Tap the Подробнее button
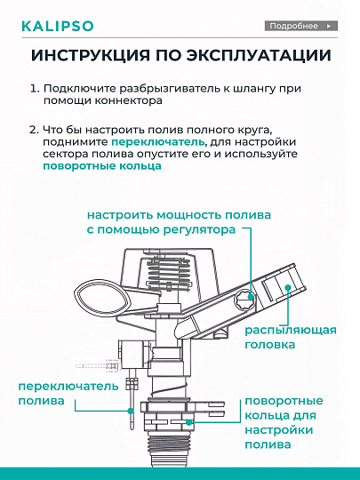[301, 26]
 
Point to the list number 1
[34, 91]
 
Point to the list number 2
[34, 129]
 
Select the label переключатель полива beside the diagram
[56, 395]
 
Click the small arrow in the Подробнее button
[329, 26]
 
